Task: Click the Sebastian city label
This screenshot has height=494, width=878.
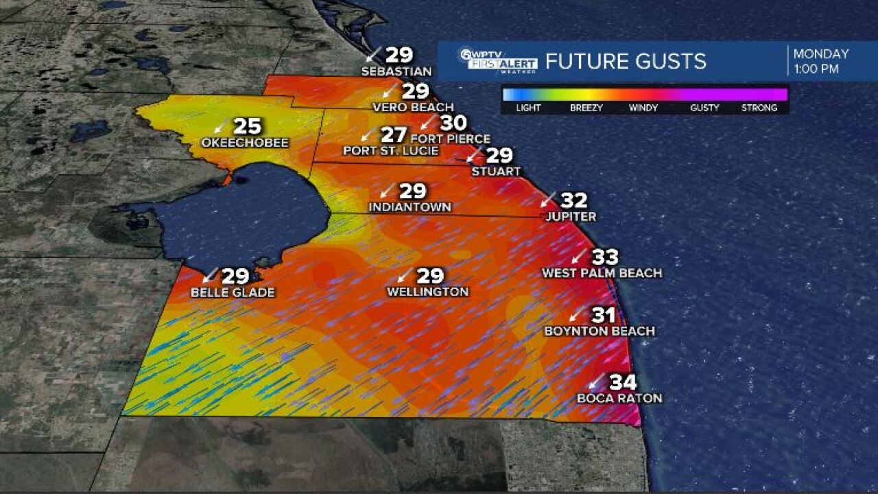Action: click(396, 71)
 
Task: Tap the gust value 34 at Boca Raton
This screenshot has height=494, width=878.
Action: click(623, 382)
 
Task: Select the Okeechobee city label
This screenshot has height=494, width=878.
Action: click(245, 143)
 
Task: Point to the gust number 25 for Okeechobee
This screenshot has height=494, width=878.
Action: click(248, 126)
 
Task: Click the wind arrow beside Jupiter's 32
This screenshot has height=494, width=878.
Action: click(547, 200)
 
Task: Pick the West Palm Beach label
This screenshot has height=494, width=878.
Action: click(602, 273)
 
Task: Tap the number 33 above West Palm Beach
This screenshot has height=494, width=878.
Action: click(605, 257)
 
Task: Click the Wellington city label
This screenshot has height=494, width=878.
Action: click(427, 292)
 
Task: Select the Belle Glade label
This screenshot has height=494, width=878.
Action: click(233, 293)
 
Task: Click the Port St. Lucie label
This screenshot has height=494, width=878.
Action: click(390, 151)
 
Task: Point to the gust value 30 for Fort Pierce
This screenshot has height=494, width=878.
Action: click(453, 123)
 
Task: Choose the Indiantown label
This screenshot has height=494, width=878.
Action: click(410, 207)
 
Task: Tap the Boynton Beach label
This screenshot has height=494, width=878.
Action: click(600, 331)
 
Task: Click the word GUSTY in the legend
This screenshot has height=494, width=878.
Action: click(705, 108)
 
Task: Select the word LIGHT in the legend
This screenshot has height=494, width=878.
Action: click(528, 108)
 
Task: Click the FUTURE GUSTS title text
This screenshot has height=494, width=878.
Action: click(626, 61)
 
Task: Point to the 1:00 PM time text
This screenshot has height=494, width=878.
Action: click(816, 69)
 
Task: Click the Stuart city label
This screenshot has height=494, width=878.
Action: click(496, 172)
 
